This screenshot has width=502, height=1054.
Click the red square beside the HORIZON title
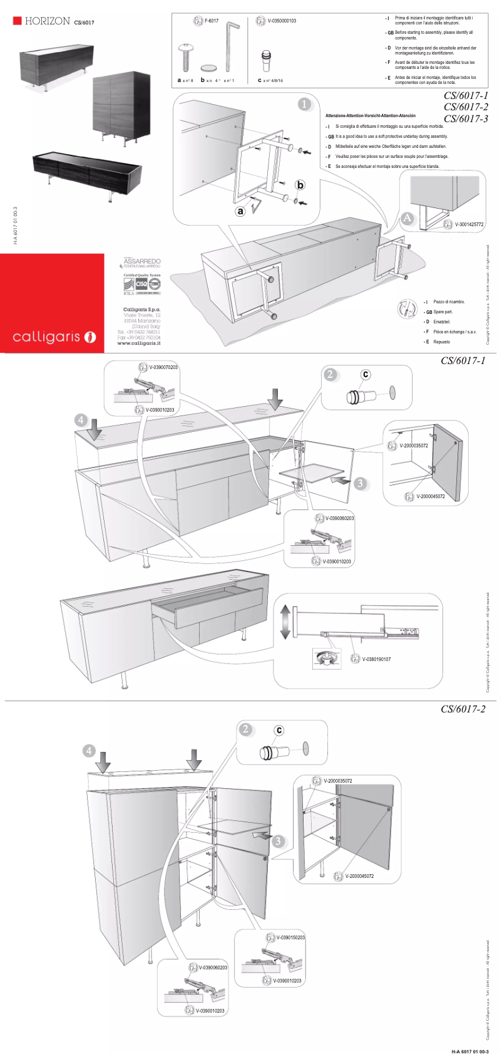point(18,21)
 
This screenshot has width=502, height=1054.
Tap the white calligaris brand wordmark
point(47,337)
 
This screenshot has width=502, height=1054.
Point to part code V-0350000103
point(282,21)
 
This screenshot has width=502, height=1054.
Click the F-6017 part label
point(212,21)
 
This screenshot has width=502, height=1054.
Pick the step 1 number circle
point(305,104)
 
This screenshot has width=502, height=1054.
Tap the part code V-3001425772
point(469,224)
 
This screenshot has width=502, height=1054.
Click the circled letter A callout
point(407,218)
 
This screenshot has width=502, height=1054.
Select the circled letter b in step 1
point(300,185)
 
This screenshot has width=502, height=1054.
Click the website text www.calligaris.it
point(139,343)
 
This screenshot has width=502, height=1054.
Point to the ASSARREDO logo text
point(142,261)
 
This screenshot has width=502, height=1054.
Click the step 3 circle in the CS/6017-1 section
point(360,483)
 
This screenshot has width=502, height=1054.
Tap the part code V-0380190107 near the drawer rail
point(376,659)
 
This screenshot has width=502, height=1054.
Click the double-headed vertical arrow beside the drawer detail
point(285,622)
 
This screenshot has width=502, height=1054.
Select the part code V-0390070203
point(163,367)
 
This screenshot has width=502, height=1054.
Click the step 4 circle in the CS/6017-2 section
point(90,751)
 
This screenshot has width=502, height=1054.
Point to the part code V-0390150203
point(290,937)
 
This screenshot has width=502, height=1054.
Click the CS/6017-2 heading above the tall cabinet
point(463,709)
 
